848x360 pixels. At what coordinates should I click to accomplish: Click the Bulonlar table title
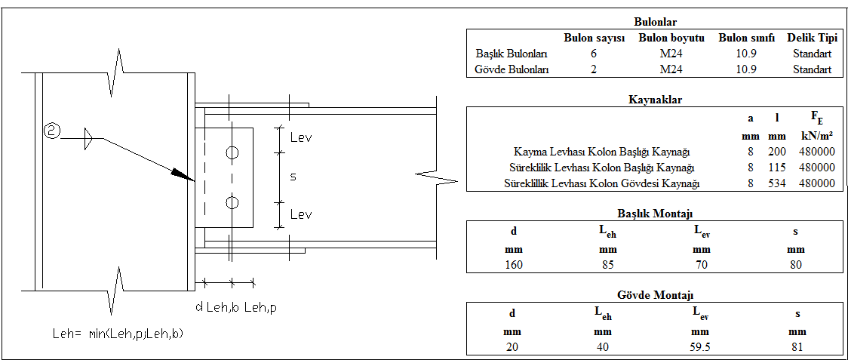654,23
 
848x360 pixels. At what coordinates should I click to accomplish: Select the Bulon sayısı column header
595,38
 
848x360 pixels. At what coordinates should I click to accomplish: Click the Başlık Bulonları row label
512,54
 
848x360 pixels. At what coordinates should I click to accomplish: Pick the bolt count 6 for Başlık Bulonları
595,54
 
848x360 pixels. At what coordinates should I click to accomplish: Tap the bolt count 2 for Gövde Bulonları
595,69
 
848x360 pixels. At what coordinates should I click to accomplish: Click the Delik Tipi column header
812,38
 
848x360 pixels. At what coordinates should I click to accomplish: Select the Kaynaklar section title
655,99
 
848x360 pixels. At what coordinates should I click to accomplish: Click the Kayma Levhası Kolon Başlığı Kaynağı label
601,152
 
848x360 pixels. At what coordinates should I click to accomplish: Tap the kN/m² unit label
817,136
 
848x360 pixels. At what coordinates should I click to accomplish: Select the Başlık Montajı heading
654,214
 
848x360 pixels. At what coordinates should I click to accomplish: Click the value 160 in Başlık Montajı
513,264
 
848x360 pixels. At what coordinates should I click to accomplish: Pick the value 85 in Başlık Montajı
607,264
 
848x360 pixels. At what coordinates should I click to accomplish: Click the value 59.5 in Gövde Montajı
701,347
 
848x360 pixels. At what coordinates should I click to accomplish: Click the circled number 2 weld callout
52,131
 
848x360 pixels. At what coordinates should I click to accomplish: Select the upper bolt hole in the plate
232,153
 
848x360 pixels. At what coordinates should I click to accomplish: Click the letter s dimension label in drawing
293,177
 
